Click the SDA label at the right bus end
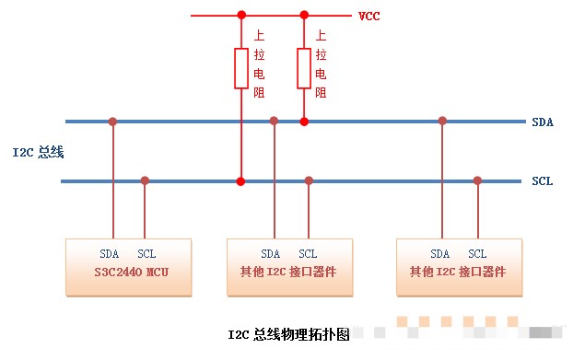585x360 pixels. [543, 122]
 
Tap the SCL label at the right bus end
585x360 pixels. [543, 181]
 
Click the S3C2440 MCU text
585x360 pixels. [128, 273]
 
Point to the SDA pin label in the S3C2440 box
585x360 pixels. [109, 254]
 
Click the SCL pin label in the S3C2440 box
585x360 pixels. [146, 254]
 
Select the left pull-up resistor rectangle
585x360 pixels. [241, 69]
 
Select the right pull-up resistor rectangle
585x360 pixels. [304, 69]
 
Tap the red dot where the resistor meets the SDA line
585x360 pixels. [304, 121]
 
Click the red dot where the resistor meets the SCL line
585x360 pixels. [241, 181]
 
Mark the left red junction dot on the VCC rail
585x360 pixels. [241, 15]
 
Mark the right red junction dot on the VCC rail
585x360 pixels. [304, 15]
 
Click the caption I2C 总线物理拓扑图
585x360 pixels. [288, 335]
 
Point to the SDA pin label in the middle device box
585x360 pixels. [270, 254]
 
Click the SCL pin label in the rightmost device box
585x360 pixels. [477, 254]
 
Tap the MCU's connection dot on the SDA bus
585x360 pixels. [112, 121]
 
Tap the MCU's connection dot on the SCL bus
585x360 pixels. [145, 180]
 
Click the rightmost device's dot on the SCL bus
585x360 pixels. [477, 180]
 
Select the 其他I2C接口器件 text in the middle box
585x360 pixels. [288, 273]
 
